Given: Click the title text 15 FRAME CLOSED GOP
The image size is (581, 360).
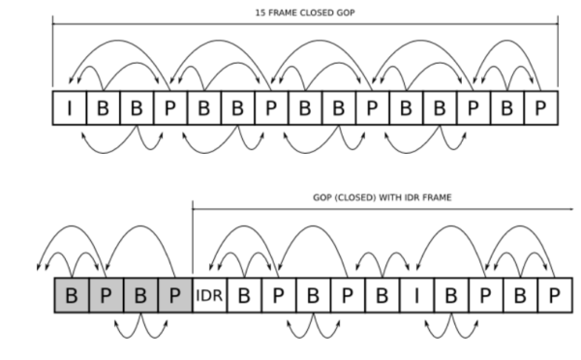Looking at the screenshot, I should coord(305,13).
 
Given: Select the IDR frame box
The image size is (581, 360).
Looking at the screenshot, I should coord(209,294).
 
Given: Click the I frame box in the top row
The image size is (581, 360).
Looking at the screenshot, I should coord(70,108).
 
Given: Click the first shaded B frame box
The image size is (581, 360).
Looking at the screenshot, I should coord(72,294).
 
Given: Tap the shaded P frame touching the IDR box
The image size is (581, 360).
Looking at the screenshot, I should coord(174,294).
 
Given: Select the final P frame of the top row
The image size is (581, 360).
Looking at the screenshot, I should coord(542,108).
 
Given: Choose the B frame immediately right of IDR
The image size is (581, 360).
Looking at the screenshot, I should coord(244,294).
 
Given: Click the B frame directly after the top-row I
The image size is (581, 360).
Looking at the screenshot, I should coord(102,108).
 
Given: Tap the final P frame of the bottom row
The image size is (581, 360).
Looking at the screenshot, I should coord(549,294).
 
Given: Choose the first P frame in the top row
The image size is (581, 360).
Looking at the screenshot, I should coord(170,108).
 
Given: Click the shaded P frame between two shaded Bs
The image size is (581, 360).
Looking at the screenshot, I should coord(106,294).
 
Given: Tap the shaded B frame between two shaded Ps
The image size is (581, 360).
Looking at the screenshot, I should coord(140,294).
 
